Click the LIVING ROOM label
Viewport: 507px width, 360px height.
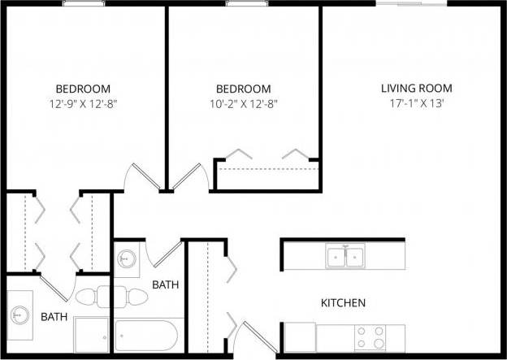(x=417, y=89)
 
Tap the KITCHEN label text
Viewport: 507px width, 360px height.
(x=344, y=303)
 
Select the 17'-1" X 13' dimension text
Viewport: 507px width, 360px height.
(x=417, y=103)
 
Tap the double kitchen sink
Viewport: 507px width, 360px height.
(x=346, y=257)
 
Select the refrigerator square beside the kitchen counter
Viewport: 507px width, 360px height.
(x=300, y=336)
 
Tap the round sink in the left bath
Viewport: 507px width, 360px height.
(x=19, y=311)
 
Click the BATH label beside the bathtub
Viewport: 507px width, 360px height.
(x=166, y=285)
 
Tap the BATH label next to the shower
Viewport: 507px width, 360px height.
(x=54, y=316)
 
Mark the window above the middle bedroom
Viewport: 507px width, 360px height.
(x=243, y=4)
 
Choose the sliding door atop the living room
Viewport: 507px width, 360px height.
(x=410, y=4)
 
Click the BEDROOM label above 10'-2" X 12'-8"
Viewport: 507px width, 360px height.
(x=243, y=89)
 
